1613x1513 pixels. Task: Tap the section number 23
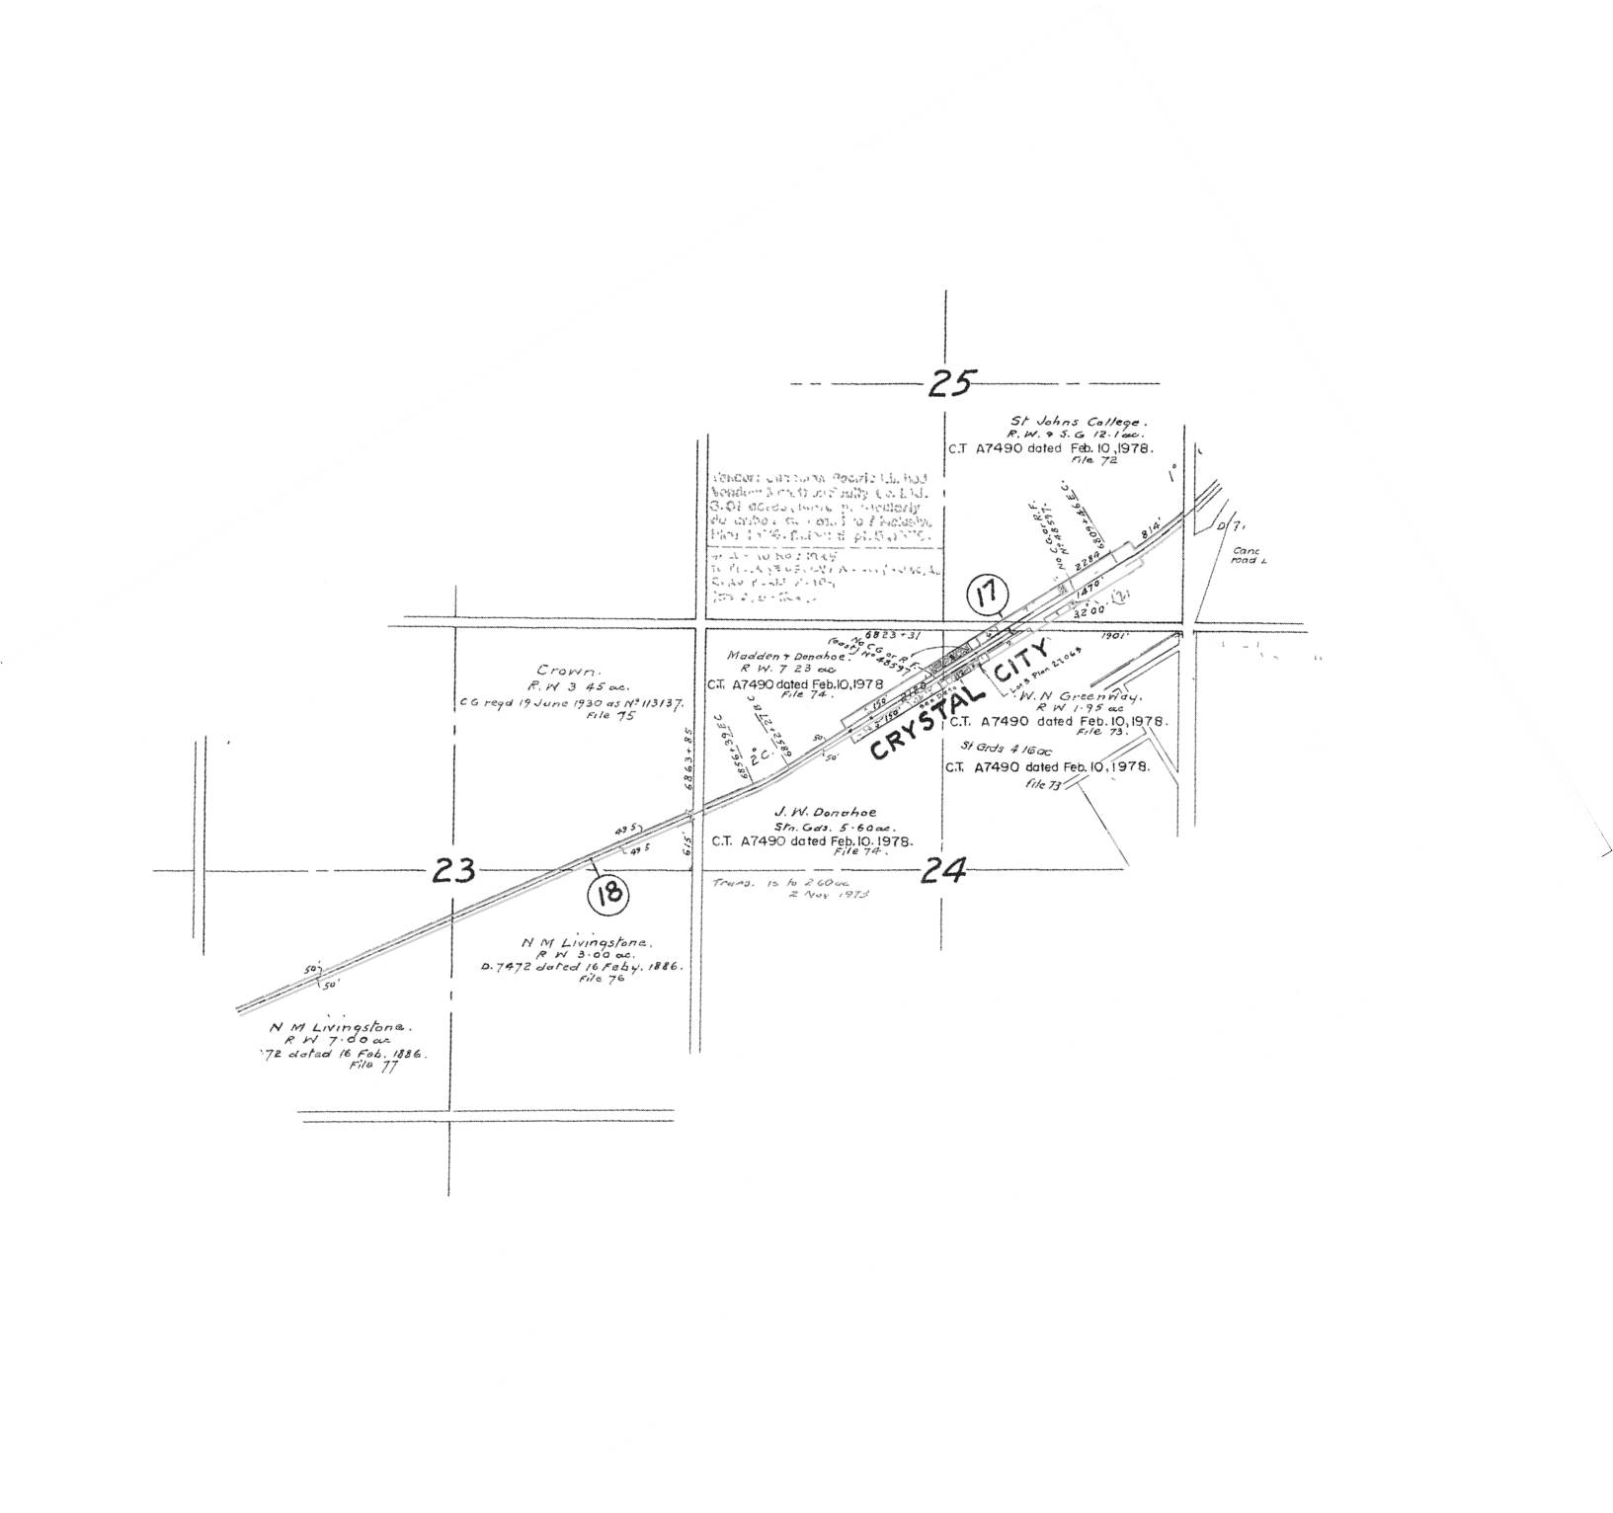pos(454,870)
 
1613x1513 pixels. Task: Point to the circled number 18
pos(608,894)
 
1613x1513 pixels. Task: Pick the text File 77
pos(375,1068)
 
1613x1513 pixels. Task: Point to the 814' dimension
pos(1150,533)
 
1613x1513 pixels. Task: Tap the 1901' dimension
pos(1111,637)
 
